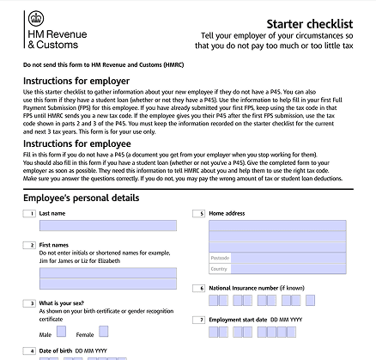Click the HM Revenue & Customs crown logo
tap(35, 18)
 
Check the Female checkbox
tap(104, 332)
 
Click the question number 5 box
tap(199, 212)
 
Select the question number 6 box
tap(199, 288)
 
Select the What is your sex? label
tap(67, 303)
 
